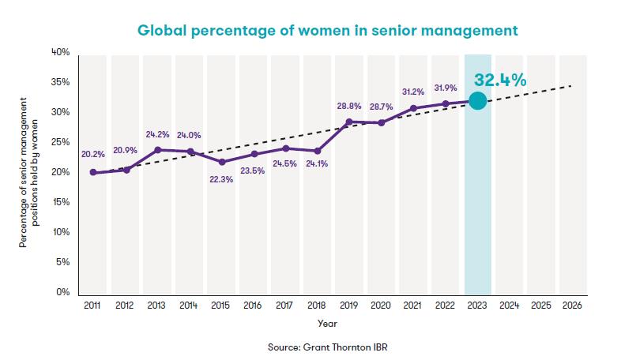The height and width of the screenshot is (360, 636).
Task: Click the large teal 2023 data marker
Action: tap(477, 100)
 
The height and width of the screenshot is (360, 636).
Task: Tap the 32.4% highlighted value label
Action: tap(500, 80)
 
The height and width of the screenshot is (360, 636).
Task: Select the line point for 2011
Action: tap(93, 172)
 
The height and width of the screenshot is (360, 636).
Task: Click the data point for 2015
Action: tap(222, 162)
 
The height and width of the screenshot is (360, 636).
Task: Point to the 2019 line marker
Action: tap(349, 122)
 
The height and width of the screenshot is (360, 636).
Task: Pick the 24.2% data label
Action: tap(156, 134)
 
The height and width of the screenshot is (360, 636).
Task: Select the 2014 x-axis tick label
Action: tap(189, 304)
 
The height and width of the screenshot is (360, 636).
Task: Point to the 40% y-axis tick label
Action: tap(61, 52)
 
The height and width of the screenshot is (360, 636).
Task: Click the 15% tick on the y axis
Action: tap(62, 202)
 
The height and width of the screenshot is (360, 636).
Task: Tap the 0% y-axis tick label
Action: tap(63, 292)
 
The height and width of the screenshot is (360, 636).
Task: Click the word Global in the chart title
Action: tap(164, 30)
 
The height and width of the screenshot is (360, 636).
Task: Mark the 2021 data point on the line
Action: tap(413, 108)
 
